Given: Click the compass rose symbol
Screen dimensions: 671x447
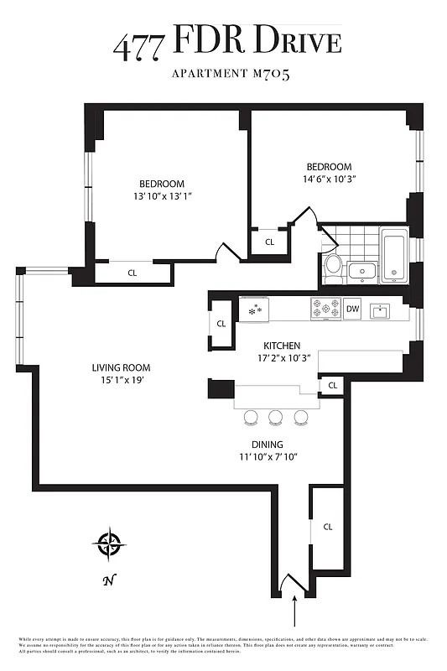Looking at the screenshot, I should coord(109,545).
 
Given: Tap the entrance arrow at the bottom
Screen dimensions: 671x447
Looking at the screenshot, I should coord(294,611).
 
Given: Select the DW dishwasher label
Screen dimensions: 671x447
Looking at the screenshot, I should coord(352,309).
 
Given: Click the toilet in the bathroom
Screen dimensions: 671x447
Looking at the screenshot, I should coord(333,266).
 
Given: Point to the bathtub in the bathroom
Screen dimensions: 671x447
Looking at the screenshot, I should coord(393,255).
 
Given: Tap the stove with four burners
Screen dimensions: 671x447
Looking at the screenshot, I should coord(325,309).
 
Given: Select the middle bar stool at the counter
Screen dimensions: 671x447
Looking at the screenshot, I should coord(275,417).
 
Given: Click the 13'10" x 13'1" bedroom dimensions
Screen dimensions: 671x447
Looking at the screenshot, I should coord(161,197).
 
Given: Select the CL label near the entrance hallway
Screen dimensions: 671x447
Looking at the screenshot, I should coord(327,527).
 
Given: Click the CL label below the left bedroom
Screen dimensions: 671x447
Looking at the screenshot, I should coord(133,273).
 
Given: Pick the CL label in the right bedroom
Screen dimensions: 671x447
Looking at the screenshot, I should coord(269,242).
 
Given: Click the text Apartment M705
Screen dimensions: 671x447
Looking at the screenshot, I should coord(231,75).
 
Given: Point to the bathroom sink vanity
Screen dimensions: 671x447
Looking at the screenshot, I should coord(363,270).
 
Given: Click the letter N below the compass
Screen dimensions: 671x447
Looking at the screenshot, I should coord(108,580).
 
